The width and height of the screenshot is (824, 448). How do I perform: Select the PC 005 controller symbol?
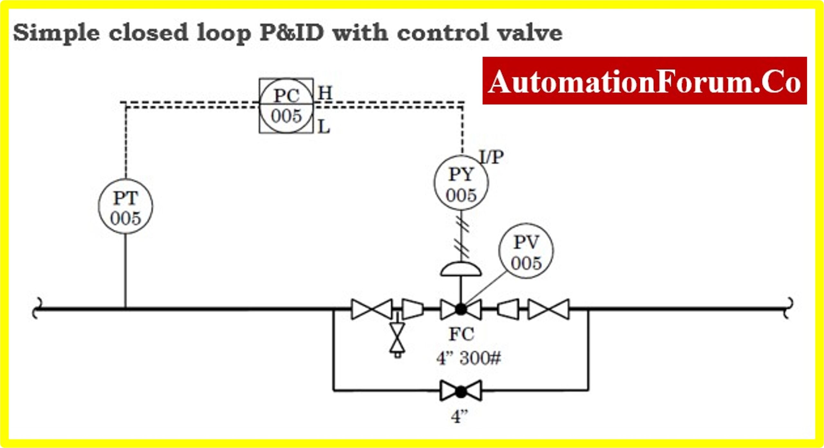point(286,106)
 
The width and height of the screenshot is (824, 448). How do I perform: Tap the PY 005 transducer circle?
point(461,183)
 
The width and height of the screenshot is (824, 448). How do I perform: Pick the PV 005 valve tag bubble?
point(526,251)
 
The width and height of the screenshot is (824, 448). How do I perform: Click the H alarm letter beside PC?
point(325,93)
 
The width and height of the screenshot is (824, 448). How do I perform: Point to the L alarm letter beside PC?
point(324,127)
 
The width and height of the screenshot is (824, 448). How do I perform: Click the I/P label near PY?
point(492,157)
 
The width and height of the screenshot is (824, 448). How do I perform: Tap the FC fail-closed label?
point(461,334)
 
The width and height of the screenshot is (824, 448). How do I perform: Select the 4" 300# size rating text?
point(469,358)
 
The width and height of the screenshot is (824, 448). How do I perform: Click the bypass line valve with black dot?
point(461,391)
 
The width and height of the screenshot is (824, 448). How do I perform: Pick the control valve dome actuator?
point(461,270)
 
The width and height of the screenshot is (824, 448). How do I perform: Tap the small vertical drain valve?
point(398,338)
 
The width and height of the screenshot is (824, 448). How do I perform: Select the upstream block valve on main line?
point(372,309)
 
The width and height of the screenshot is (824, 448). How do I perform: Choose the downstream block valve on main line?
point(548,309)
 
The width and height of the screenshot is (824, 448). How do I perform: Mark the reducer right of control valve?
point(508,309)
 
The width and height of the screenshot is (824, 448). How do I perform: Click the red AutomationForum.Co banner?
point(644,81)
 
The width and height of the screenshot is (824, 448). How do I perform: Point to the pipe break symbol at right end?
point(790,308)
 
